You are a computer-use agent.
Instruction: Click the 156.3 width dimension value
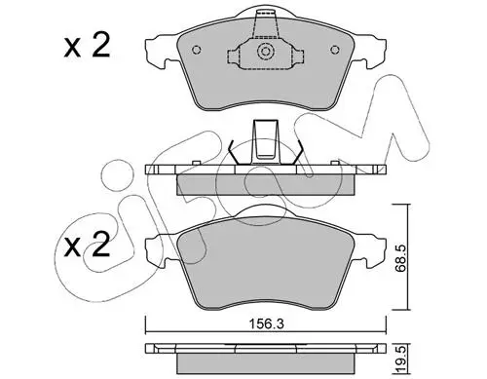266,324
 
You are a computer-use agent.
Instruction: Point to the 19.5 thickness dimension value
399,359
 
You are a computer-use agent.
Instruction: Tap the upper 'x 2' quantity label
87,46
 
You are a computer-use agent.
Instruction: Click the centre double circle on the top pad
266,52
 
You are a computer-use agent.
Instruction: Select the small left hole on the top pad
197,50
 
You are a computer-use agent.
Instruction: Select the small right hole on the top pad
335,50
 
